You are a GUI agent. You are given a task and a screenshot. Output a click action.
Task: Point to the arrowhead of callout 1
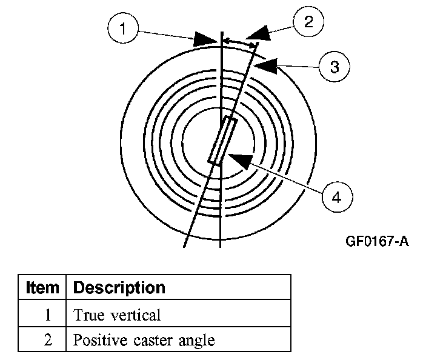205,39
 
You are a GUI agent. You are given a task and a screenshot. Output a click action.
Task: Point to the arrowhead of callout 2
258,33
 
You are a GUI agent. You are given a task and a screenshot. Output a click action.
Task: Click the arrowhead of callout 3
265,66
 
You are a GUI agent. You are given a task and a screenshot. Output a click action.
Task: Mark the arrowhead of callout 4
241,161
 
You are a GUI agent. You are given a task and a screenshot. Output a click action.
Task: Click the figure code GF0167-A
377,241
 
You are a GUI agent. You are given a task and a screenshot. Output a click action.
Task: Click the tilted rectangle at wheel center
223,141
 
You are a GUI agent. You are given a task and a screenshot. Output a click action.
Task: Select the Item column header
42,287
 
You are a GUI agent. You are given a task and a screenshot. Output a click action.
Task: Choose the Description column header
119,288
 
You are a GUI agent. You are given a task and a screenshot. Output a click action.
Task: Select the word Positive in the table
100,340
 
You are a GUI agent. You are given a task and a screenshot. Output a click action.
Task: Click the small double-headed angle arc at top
239,42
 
